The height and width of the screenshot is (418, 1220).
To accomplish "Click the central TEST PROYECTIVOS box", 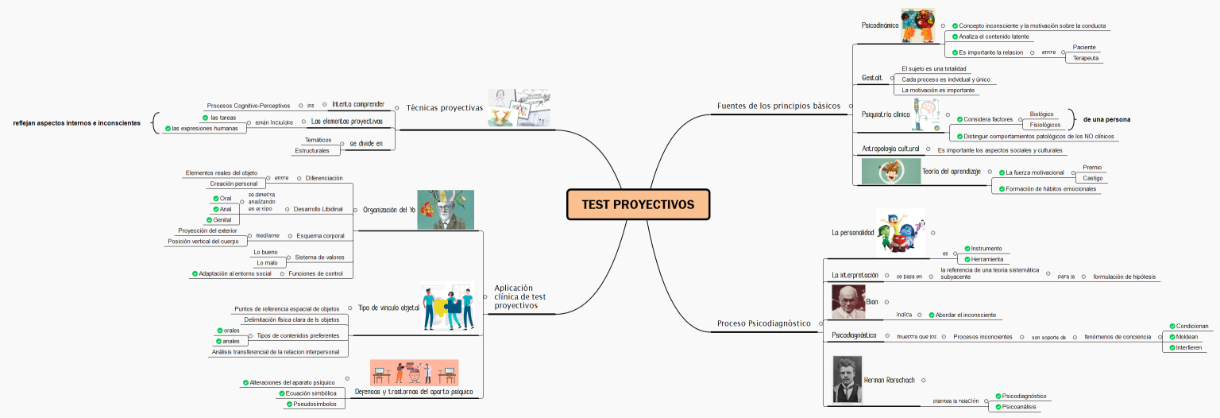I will point(638,204).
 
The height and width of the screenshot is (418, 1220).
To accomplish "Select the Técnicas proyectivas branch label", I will point(444,108).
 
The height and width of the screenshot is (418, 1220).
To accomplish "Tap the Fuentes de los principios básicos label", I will point(778,106).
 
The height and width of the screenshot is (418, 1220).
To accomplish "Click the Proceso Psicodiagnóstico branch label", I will point(763,323).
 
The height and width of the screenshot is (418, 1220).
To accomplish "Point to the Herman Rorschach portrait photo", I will point(847,379).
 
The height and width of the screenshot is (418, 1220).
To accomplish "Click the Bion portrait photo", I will point(847,302).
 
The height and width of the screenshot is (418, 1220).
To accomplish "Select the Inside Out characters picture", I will point(901,232).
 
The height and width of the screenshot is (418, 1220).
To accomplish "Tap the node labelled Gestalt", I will point(873,78).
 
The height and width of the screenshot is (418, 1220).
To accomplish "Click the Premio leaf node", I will point(1092,168).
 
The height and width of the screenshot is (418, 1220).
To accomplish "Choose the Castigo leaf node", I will point(1093,178).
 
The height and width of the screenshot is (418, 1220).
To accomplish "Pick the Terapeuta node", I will point(1085,58).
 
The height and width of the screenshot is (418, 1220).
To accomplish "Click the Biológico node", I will point(1041,114).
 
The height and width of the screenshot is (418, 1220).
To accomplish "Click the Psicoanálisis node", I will point(1018,407).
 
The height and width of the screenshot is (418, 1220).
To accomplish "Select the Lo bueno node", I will point(265,252).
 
